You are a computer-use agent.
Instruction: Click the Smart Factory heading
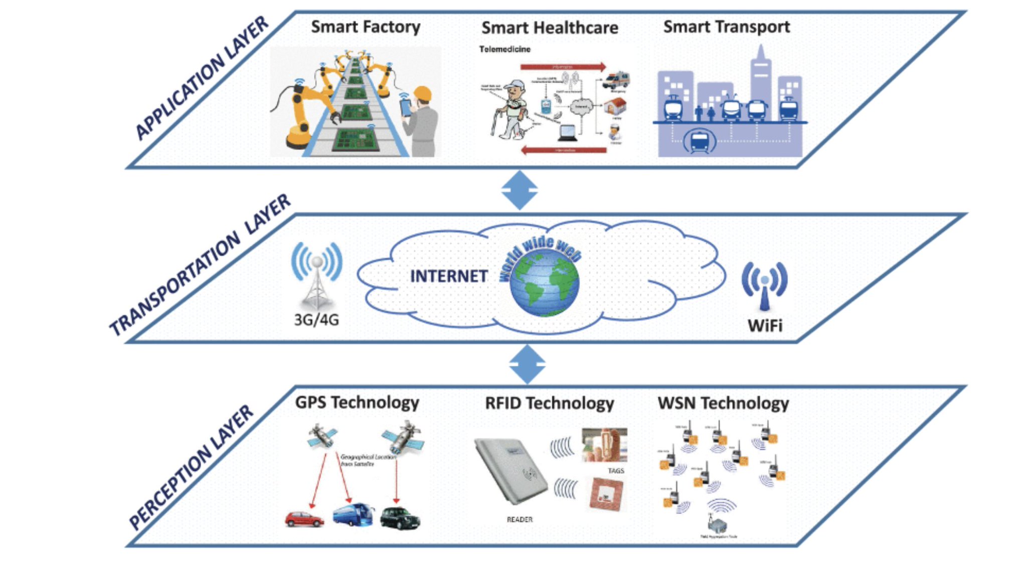pos(366,27)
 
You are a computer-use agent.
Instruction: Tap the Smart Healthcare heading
pos(550,28)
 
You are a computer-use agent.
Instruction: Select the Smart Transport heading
pos(726,27)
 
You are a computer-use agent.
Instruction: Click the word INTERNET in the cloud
pos(449,276)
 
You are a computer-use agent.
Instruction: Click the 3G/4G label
pos(316,319)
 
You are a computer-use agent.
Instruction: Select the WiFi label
pos(765,325)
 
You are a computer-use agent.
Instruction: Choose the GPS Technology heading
pos(357,403)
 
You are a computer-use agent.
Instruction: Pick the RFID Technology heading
pos(549,403)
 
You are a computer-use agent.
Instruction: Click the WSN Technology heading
pos(723,403)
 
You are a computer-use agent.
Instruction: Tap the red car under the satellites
pos(304,519)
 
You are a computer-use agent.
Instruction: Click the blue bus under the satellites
pos(353,515)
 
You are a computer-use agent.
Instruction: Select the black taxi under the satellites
pos(400,518)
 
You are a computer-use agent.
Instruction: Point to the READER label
pos(520,519)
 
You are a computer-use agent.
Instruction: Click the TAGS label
pos(616,471)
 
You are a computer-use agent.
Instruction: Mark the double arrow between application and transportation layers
pos(520,190)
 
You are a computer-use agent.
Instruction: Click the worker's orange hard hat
pos(423,94)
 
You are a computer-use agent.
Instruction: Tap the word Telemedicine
pos(504,49)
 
